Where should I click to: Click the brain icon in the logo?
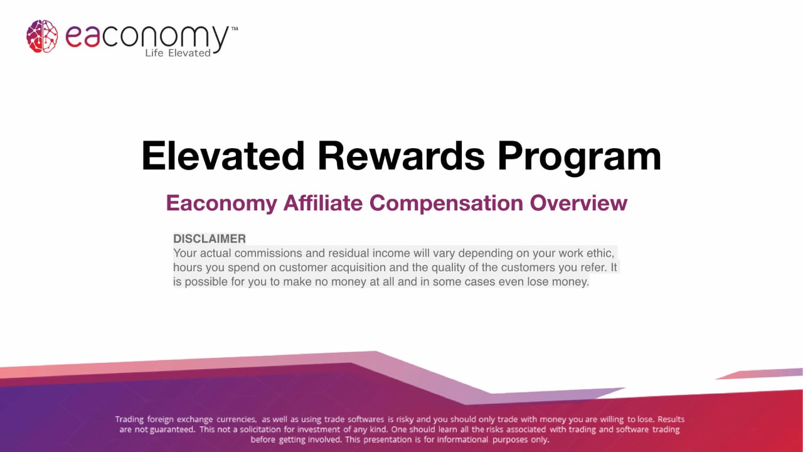pos(42,36)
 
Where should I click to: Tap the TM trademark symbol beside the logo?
pos(235,29)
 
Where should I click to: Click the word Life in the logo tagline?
pos(154,53)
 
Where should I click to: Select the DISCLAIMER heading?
pos(210,239)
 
